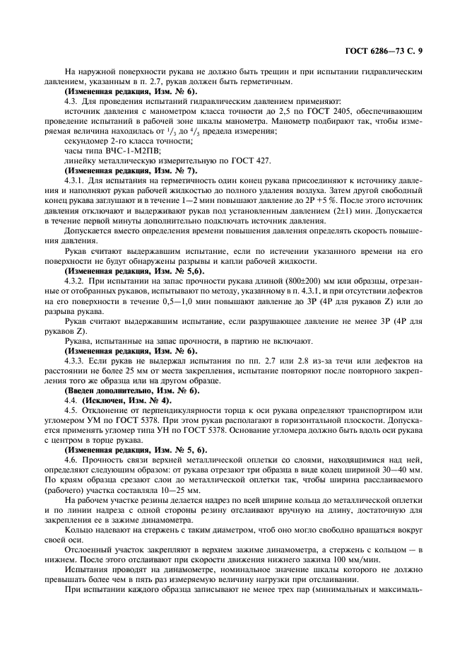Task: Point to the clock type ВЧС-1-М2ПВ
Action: [125, 151]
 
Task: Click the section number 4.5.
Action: [71, 409]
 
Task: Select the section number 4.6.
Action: [71, 458]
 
